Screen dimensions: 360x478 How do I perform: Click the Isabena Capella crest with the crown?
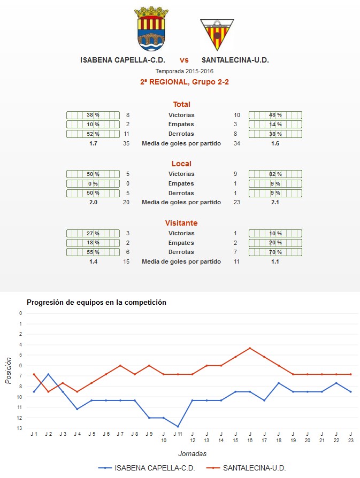(x=151, y=29)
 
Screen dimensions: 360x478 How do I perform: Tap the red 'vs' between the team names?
(x=184, y=60)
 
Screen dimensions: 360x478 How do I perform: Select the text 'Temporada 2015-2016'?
(x=184, y=71)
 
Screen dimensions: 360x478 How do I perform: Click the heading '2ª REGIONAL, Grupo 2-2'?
(x=184, y=82)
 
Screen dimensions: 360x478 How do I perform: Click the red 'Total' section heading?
(x=181, y=104)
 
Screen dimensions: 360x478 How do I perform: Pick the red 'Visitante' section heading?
(x=181, y=223)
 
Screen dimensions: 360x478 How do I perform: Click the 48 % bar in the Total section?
(x=275, y=115)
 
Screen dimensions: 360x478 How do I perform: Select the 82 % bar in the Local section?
(x=275, y=174)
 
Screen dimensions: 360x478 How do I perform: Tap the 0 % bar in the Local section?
(x=93, y=183)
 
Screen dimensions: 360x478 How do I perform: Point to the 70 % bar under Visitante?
(x=275, y=252)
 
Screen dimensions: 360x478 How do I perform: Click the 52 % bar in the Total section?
(x=93, y=134)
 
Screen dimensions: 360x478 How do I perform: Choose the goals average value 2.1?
(x=275, y=202)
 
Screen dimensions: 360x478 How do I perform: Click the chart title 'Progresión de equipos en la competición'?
(x=96, y=302)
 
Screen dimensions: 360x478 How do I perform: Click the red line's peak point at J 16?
(x=250, y=348)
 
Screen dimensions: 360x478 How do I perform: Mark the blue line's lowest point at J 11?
(x=178, y=427)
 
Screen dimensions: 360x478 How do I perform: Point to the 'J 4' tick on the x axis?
(x=77, y=434)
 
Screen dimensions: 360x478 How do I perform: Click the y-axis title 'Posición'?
(x=8, y=371)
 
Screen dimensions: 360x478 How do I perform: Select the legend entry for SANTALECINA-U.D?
(x=246, y=468)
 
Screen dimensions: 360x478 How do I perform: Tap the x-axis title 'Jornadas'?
(x=192, y=453)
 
